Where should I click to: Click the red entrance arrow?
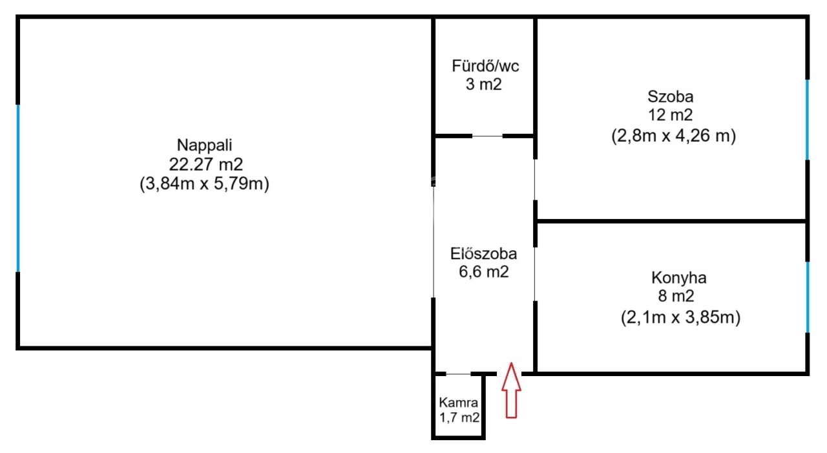511,390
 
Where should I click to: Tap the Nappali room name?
205,145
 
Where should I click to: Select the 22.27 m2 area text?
205,164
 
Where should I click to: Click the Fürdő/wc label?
485,66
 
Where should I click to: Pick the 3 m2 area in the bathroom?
484,85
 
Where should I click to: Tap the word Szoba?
671,97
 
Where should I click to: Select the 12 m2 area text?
671,115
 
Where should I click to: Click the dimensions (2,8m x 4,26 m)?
673,136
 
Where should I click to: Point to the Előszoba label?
483,253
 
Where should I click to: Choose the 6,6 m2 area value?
484,272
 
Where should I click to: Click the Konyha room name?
678,278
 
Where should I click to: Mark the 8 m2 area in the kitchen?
676,296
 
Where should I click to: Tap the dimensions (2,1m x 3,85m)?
680,317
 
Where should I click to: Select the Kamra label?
459,403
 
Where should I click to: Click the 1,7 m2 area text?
459,417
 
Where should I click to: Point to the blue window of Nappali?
17,188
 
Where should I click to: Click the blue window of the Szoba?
807,120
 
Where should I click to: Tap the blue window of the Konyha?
808,297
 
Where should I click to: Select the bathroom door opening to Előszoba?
487,136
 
